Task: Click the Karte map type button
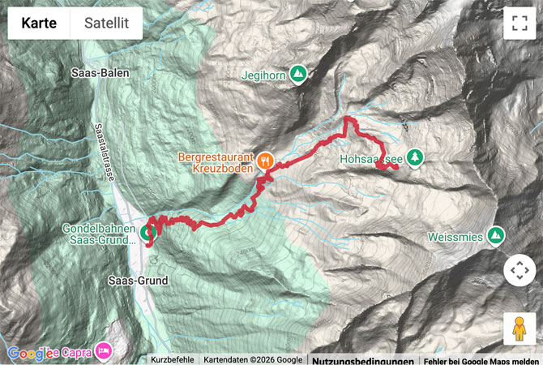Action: coord(39,24)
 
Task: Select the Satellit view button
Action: coord(106,24)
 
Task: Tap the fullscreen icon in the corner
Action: coord(519,24)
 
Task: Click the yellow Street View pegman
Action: coord(519,328)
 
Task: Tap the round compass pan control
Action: coord(519,270)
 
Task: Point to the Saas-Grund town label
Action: coord(138,281)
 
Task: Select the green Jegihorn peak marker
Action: coord(299,74)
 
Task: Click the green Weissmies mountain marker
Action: coord(495,236)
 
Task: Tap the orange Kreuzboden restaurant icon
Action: coord(265,161)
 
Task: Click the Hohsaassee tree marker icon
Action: coord(415,157)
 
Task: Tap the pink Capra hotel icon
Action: coord(103,351)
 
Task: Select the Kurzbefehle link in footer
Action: coord(172,359)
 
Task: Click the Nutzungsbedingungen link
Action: coord(363,360)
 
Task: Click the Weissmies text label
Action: coord(455,237)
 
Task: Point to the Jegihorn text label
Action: coord(263,75)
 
